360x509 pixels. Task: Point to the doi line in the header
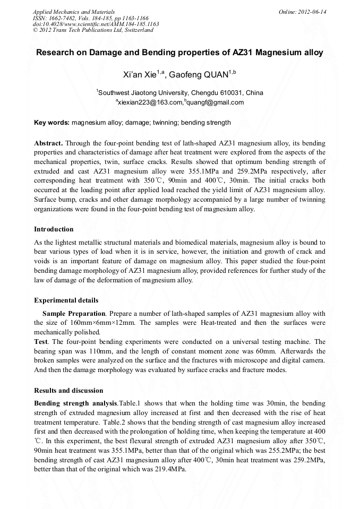tap(96, 24)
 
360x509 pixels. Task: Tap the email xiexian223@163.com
tap(150, 102)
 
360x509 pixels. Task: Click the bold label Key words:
tap(52, 123)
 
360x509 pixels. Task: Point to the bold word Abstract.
tap(48, 144)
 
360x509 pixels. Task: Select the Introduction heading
tap(54, 229)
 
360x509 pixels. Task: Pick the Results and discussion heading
tap(68, 391)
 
